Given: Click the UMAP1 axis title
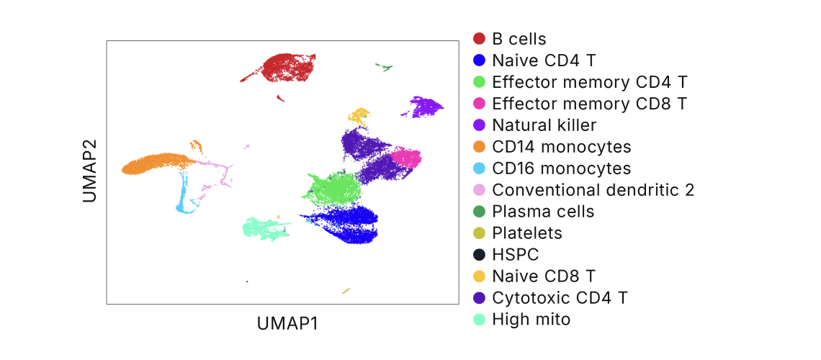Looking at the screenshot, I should (x=287, y=324).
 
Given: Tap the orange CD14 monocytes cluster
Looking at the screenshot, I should (x=155, y=164).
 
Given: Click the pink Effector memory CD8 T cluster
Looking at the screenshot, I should (x=406, y=158).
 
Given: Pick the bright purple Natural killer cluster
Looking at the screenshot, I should (x=424, y=107).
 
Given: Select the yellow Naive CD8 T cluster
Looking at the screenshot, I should (x=359, y=115).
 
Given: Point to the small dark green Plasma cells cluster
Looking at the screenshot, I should (x=385, y=68).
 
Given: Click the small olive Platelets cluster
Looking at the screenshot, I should (x=346, y=291).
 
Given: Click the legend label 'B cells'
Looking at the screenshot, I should (x=519, y=39).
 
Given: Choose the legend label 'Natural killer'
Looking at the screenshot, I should (x=544, y=125).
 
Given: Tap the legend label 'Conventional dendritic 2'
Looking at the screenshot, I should (x=593, y=190).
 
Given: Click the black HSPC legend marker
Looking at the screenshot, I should (x=479, y=255).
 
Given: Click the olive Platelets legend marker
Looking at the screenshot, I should (x=479, y=233).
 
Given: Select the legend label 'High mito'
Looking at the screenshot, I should (x=531, y=320).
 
